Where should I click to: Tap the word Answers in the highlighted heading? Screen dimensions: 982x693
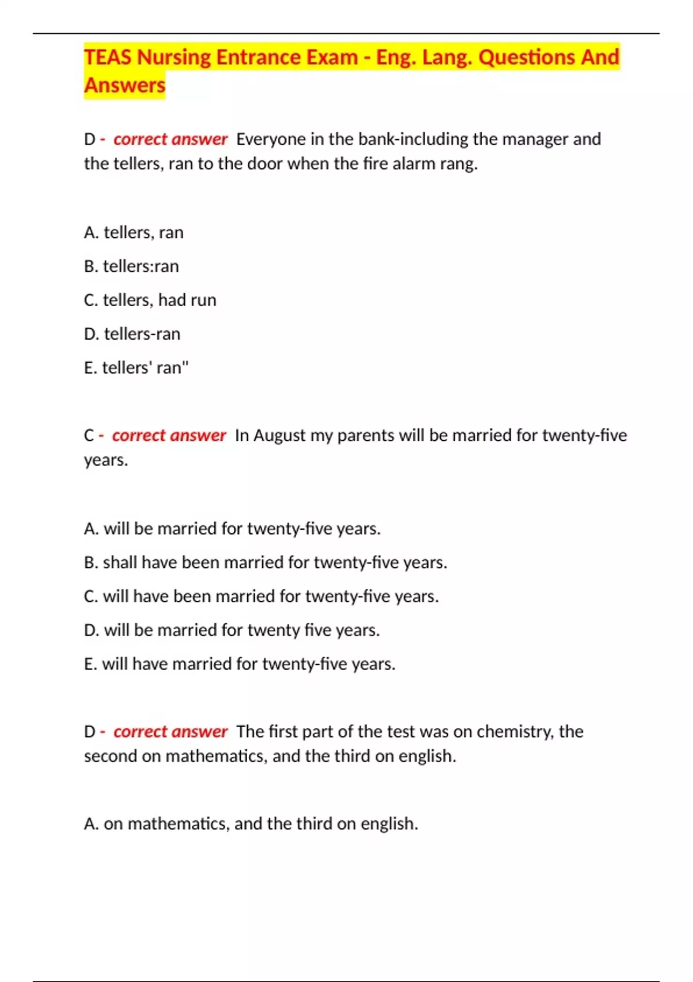(x=125, y=85)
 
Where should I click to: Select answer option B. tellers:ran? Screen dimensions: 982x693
(x=131, y=266)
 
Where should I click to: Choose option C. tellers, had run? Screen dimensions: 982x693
(x=150, y=300)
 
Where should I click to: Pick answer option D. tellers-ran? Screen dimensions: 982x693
(x=132, y=334)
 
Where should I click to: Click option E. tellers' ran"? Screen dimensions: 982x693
(x=136, y=368)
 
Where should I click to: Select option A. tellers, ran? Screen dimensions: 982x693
(x=133, y=233)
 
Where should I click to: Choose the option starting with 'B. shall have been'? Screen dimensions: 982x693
(x=265, y=563)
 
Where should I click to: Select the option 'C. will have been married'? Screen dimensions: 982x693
(x=261, y=596)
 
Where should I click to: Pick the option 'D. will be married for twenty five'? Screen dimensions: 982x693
(x=232, y=630)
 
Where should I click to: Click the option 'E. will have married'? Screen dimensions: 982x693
(x=240, y=664)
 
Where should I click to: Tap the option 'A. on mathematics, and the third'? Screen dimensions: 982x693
(x=251, y=824)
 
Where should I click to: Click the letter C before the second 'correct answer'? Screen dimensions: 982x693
(x=89, y=436)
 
